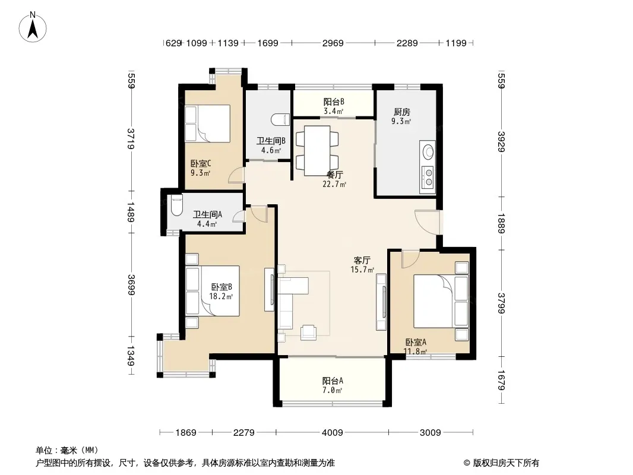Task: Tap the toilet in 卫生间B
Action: point(280,120)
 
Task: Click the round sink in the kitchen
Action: point(428,152)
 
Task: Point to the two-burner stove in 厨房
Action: point(428,178)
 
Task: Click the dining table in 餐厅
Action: point(317,151)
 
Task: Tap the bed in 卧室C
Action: point(207,123)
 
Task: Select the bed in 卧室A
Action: point(441,301)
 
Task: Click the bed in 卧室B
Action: point(213,290)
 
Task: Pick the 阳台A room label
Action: point(333,381)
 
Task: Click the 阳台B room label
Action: point(334,102)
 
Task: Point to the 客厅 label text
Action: point(362,260)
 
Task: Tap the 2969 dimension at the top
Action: point(333,43)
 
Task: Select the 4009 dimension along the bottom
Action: point(332,433)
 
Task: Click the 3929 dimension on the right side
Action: point(501,142)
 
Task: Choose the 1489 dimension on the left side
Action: point(131,212)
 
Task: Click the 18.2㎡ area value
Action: point(221,297)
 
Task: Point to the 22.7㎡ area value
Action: point(334,185)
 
